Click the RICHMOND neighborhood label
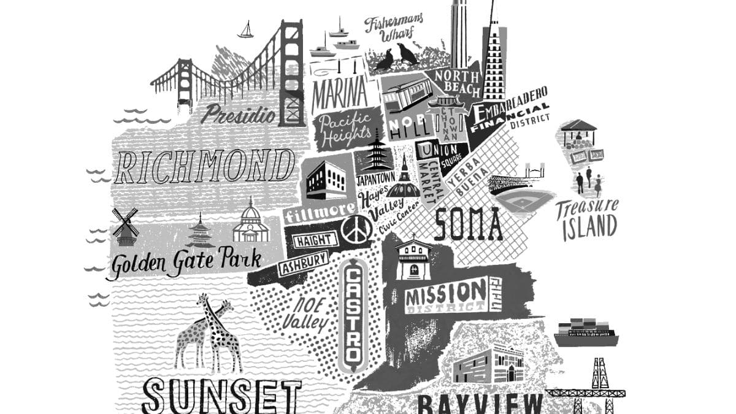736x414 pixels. [204, 166]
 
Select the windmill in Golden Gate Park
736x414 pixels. [125, 226]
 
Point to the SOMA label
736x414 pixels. [468, 224]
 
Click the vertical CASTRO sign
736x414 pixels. [355, 316]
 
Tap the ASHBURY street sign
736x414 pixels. [303, 265]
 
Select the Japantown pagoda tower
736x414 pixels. [376, 152]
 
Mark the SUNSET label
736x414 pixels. [221, 396]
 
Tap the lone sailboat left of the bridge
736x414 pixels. [246, 30]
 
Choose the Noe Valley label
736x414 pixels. [306, 314]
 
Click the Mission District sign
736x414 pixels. [446, 296]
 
